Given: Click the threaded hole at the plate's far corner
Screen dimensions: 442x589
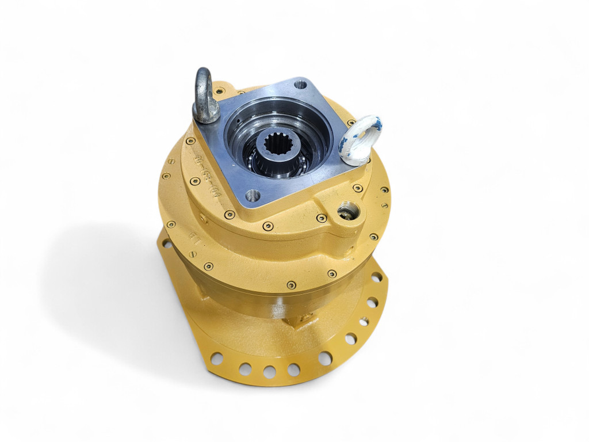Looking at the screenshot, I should [x=300, y=85].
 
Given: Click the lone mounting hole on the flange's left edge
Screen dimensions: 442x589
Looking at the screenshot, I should [x=166, y=244].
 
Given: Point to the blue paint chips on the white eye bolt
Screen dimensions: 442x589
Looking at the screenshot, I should [x=371, y=123].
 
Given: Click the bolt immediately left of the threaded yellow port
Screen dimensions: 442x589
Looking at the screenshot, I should [x=322, y=218].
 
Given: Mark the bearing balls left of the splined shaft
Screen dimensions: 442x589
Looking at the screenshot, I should [x=252, y=158].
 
